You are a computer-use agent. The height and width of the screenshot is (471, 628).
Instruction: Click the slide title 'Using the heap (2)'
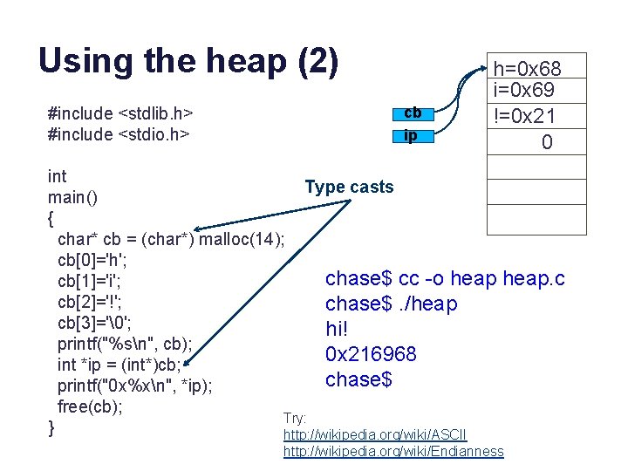[188, 61]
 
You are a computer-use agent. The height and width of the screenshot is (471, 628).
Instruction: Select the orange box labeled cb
[413, 113]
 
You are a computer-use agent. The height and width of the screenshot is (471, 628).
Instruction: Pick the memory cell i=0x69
[528, 90]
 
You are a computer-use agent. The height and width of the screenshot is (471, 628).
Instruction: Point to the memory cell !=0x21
[528, 115]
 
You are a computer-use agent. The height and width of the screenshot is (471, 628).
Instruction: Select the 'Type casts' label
[349, 187]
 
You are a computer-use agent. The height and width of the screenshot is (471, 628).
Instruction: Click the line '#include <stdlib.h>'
[120, 113]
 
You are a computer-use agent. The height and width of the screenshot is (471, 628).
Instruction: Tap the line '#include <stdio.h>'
[119, 134]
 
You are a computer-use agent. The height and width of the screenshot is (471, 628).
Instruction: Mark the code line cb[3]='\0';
[94, 323]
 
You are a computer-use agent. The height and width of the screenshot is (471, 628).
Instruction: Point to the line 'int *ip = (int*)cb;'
[120, 365]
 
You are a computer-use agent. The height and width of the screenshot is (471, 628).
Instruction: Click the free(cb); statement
[90, 406]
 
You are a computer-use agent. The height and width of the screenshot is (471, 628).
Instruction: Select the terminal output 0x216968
[371, 354]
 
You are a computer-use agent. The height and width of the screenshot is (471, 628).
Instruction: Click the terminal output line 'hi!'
[338, 329]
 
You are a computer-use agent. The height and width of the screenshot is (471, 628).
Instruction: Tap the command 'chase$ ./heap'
[391, 304]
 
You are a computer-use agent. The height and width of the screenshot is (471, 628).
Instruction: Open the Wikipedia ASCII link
[375, 434]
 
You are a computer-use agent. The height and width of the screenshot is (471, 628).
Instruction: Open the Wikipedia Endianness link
[393, 451]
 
